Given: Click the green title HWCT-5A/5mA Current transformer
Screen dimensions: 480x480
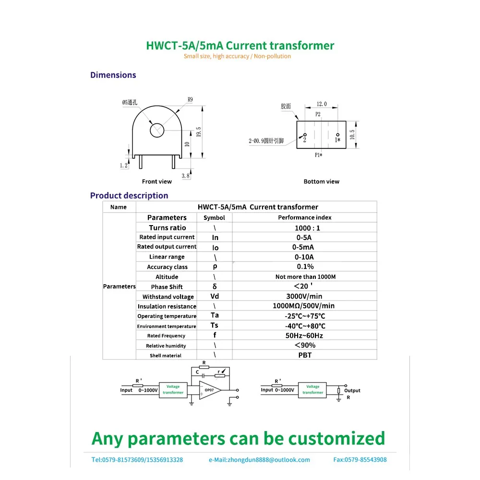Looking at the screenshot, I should tap(240, 46).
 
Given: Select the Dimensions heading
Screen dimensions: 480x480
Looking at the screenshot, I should tap(113, 75).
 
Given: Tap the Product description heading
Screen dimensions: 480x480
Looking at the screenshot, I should tap(129, 195).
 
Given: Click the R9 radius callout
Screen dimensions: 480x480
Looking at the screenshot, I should tap(190, 100).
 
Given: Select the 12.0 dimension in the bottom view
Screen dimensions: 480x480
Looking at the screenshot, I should tap(321, 104).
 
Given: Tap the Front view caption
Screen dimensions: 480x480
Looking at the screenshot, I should tap(156, 181).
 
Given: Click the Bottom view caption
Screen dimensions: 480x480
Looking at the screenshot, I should tap(321, 181).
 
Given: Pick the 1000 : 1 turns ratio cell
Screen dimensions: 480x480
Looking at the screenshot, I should tap(307, 228).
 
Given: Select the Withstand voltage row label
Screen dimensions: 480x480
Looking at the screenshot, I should tap(168, 297).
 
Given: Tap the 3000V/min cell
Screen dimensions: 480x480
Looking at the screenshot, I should tap(305, 296).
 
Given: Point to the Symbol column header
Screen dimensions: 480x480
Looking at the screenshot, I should tap(214, 217).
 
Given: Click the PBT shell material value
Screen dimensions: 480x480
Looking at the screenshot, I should tap(305, 355).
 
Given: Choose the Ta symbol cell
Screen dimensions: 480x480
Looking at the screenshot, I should tap(215, 315).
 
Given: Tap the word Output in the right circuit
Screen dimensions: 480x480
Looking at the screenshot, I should tap(352, 390).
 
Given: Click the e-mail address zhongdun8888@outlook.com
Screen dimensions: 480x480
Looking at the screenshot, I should tap(259, 460).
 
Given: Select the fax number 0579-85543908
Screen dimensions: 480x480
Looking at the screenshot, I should tap(360, 460).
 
